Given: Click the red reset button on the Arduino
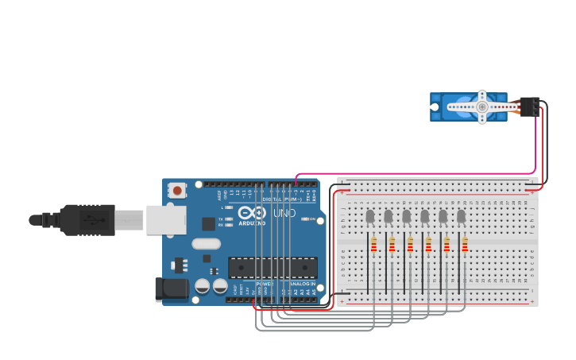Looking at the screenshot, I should click(176, 190).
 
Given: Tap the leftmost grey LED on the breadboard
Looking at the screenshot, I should click(369, 216).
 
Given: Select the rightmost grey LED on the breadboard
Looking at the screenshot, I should click(461, 216).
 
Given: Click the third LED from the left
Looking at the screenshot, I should click(406, 216).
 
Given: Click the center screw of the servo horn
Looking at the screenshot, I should click(481, 106).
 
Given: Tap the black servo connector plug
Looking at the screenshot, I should click(529, 106).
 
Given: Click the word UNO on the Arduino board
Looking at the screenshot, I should click(284, 214).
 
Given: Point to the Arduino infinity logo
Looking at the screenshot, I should click(251, 213).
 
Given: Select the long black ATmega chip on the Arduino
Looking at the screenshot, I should click(273, 268).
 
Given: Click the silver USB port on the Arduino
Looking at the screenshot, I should click(165, 220).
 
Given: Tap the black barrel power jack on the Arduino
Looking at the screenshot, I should click(172, 288).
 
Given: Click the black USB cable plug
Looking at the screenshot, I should click(87, 220).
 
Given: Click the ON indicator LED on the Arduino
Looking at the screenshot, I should click(303, 219).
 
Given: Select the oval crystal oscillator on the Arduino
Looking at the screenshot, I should click(206, 244).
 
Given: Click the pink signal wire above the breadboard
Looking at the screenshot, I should click(413, 173).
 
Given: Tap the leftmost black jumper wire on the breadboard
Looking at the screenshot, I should click(367, 262).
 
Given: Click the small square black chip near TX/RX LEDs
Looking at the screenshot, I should click(208, 224).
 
